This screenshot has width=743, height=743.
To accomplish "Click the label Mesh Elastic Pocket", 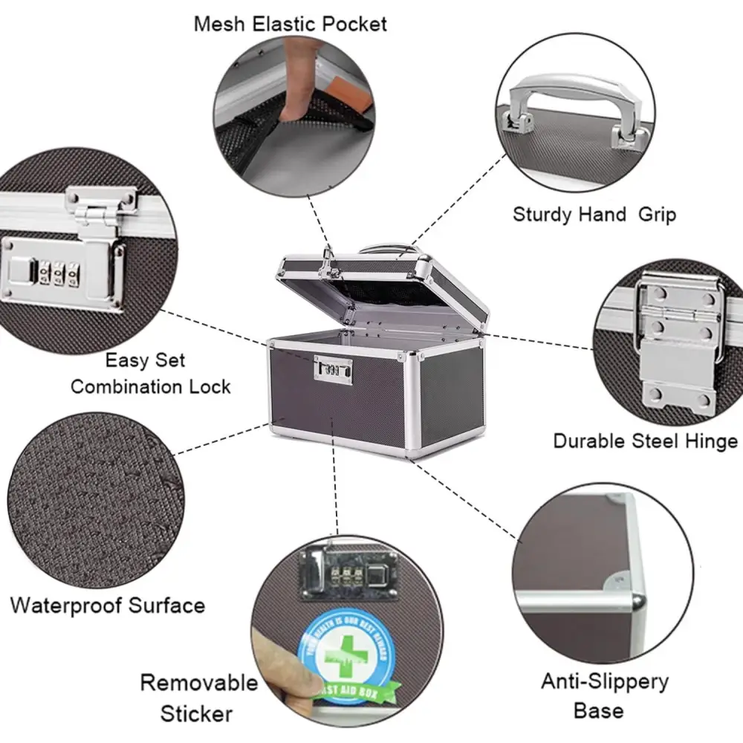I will click(291, 24).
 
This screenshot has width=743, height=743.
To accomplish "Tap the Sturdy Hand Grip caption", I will click(594, 215).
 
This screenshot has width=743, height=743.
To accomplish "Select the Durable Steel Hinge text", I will click(644, 441).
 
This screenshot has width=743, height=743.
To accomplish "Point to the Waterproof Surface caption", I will click(108, 605).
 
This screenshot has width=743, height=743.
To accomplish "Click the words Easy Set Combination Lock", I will click(150, 374).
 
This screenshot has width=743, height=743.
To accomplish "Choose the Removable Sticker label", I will click(198, 698).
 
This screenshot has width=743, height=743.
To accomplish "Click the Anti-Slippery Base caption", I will click(604, 695).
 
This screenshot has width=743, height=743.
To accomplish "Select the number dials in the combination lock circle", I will click(56, 273).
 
